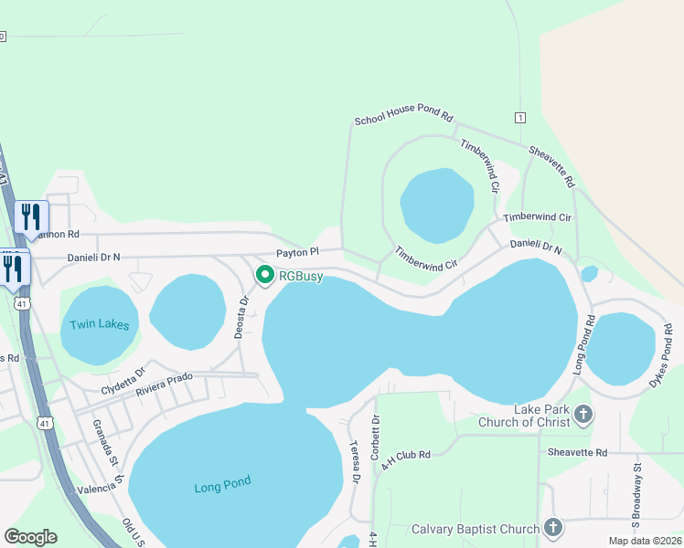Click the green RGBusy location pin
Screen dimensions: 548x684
pos(265,274)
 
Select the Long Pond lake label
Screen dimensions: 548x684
pos(222,486)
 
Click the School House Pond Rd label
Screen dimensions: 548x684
pos(404,118)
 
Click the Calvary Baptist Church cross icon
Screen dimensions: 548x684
pos(552,528)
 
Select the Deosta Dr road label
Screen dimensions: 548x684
pos(241,318)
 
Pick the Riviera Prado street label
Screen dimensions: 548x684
pos(165,385)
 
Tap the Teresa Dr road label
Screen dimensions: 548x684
pos(354,462)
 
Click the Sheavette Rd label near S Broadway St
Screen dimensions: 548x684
pos(577,452)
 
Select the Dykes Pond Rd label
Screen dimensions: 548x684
pos(665,355)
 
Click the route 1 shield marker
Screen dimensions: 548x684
pos(520,118)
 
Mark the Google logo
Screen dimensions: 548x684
pos(30,537)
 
